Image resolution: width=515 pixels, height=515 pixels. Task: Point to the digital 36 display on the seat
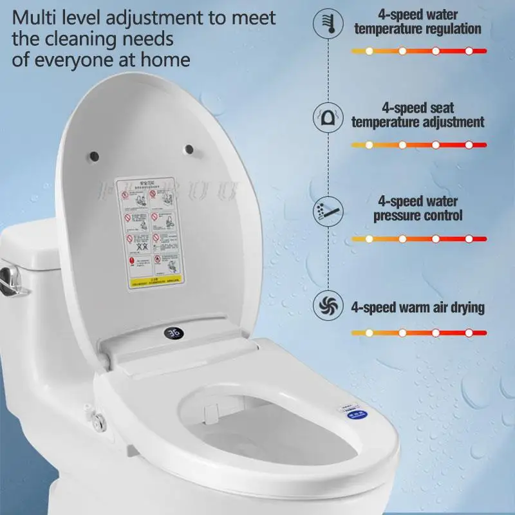172,333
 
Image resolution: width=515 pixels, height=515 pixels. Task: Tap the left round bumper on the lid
94,155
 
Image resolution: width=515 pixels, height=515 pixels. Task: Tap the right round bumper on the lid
189,149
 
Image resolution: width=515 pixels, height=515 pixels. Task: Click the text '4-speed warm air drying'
417,307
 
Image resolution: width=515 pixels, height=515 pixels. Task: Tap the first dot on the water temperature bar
369,51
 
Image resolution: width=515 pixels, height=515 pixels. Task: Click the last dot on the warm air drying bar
469,333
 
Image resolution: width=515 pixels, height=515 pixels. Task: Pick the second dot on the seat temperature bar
402,145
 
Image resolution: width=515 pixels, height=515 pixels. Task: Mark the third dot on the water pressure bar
436,239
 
